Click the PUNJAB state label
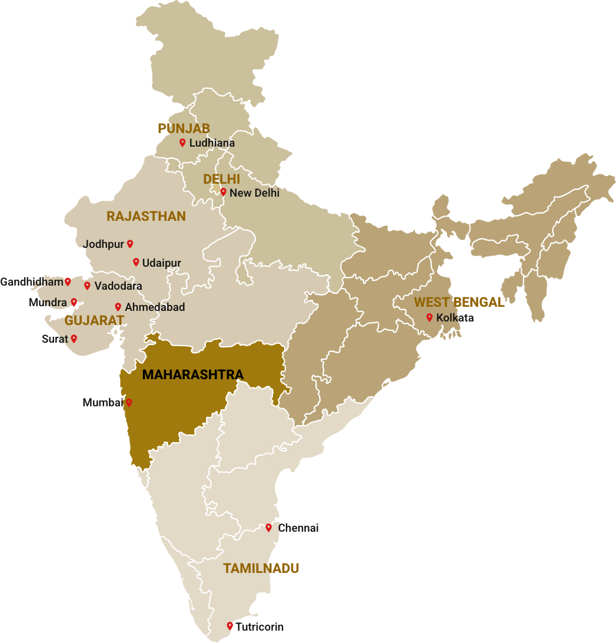coord(184,128)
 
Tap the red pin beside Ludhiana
coord(182,142)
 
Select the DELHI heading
coord(221,179)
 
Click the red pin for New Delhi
coord(223,191)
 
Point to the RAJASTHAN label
coord(146,217)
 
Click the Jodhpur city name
coord(104,244)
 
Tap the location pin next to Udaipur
coord(136,262)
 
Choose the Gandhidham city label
coord(31,282)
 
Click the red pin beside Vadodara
coord(87,286)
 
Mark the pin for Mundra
coord(74,302)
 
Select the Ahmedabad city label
coord(155,307)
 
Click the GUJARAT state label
coord(94,321)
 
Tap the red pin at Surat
coord(74,339)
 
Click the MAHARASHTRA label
coord(192,374)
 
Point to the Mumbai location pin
coord(129,403)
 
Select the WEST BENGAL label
coord(459,303)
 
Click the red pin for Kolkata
coord(429,317)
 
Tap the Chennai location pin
coord(269,528)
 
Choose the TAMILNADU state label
coord(261,568)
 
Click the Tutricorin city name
coord(259,627)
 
